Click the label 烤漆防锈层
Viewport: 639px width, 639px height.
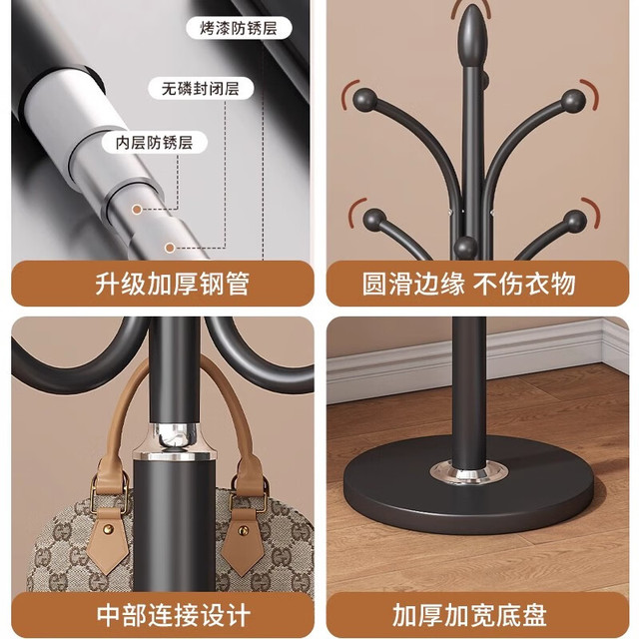(239, 29)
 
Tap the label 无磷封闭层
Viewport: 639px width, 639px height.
(201, 88)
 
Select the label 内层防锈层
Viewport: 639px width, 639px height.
(154, 143)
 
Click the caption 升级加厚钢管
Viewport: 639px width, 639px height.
(172, 284)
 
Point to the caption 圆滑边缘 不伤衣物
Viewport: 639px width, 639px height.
(468, 284)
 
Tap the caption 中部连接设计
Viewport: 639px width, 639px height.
(173, 615)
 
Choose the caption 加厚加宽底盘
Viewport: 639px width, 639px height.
(469, 615)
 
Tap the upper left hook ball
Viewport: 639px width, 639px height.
(365, 100)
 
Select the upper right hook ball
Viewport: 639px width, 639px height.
(573, 101)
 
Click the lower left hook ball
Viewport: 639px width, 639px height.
(373, 220)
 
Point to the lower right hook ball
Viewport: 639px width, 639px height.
(575, 222)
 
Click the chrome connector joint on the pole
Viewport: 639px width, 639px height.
(176, 439)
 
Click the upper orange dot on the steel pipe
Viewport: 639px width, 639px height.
(137, 210)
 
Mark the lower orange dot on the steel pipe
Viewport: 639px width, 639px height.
(170, 248)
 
